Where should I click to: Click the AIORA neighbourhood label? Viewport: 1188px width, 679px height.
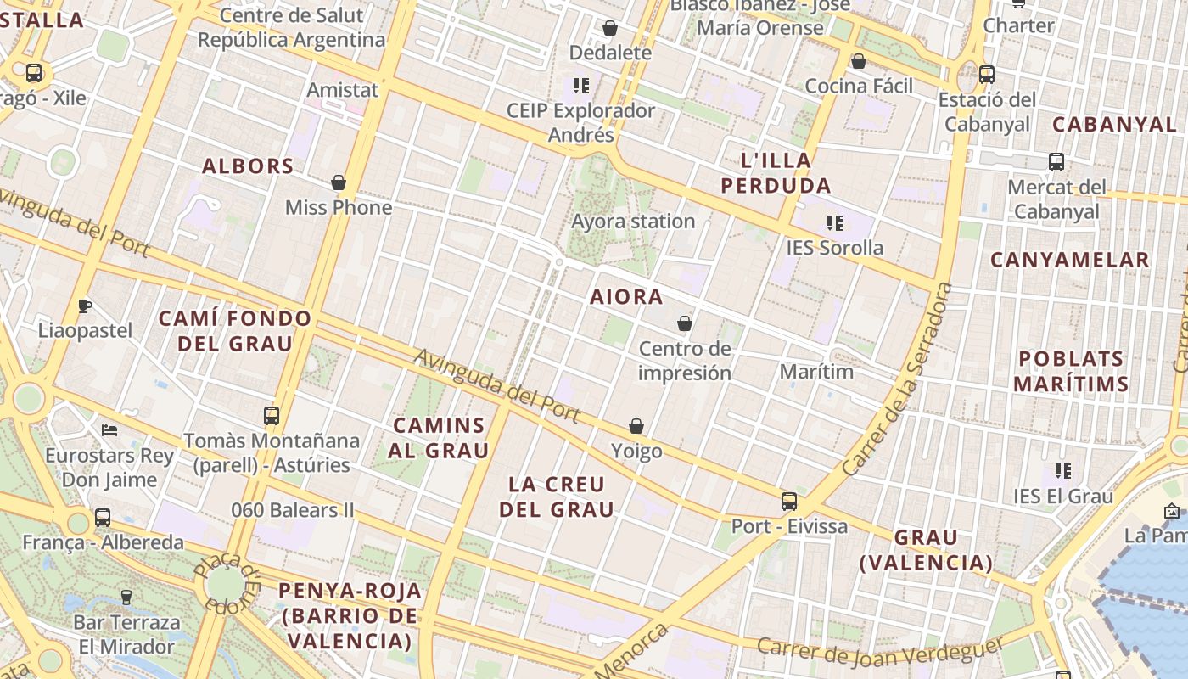click(626, 297)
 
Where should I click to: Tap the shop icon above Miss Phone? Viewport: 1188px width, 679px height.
click(339, 182)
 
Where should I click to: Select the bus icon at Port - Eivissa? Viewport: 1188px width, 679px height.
click(789, 501)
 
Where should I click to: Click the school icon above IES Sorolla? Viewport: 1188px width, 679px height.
click(835, 223)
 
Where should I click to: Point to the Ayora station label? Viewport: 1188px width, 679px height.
click(633, 222)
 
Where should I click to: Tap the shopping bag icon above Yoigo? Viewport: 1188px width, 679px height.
click(636, 426)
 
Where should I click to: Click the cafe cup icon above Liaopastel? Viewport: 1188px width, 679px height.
click(84, 306)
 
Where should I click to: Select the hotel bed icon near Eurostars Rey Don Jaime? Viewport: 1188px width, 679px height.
click(109, 430)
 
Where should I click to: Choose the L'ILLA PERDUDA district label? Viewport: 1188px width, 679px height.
click(775, 172)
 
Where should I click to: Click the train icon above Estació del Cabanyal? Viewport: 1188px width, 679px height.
click(986, 75)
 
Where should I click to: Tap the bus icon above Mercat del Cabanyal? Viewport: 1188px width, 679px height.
click(1056, 162)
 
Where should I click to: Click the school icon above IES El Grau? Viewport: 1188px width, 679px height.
click(1062, 471)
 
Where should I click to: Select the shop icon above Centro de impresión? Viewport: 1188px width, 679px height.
click(685, 323)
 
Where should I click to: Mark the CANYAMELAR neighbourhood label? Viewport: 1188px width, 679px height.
click(1069, 260)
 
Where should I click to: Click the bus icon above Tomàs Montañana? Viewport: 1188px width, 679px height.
click(272, 416)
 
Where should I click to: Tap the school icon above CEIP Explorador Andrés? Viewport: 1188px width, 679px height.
click(580, 86)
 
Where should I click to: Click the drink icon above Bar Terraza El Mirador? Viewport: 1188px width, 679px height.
click(126, 598)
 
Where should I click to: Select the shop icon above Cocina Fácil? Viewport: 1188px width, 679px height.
click(859, 61)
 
